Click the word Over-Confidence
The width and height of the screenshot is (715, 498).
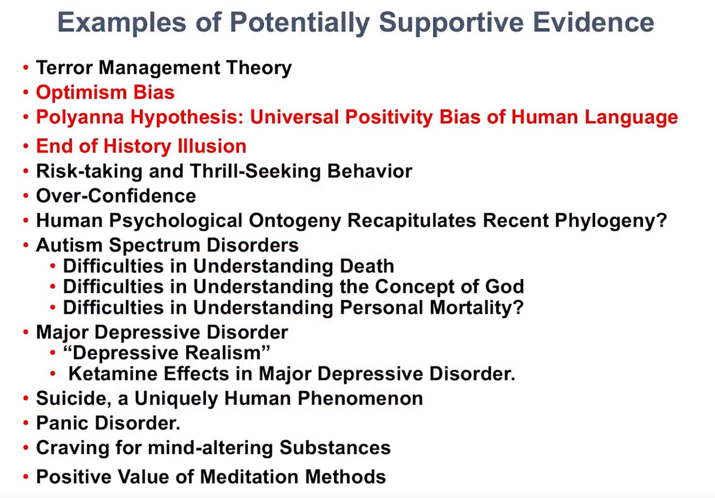click(116, 196)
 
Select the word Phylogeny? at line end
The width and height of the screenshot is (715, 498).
click(611, 221)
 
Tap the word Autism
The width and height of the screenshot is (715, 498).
click(69, 246)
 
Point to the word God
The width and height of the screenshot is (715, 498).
click(505, 287)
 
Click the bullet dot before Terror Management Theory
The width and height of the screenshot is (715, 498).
click(26, 68)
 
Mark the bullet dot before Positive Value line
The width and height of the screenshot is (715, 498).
click(26, 477)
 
